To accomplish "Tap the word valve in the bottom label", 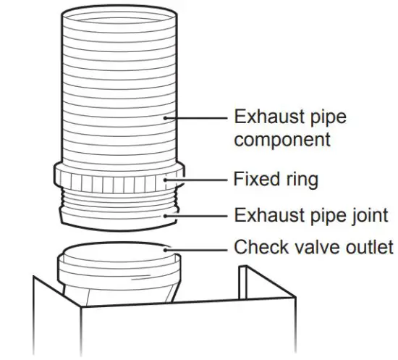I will click(308, 248).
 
